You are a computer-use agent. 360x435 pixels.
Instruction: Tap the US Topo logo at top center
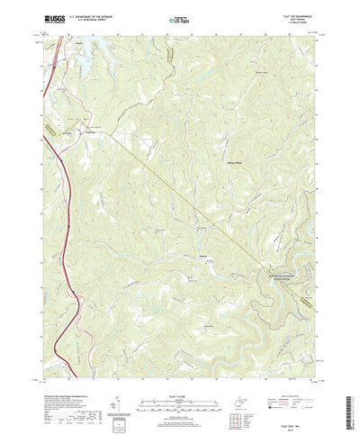179,18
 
